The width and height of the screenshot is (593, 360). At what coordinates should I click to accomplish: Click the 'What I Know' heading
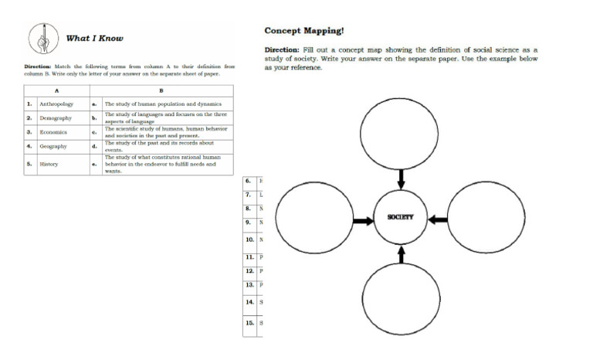pyautogui.click(x=95, y=38)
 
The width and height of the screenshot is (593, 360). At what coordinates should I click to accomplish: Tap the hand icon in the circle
pyautogui.click(x=44, y=36)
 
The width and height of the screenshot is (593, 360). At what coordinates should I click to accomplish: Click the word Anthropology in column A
pyautogui.click(x=56, y=104)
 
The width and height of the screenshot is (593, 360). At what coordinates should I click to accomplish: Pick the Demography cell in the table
pyautogui.click(x=56, y=118)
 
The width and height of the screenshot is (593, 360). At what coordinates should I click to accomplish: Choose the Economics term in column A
pyautogui.click(x=54, y=132)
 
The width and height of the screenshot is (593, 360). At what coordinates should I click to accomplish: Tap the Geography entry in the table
pyautogui.click(x=53, y=146)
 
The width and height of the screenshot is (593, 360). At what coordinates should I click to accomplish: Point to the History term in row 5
pyautogui.click(x=49, y=164)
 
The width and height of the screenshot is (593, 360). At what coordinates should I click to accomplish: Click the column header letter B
pyautogui.click(x=160, y=91)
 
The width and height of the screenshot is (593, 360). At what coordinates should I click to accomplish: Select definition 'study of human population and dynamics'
pyautogui.click(x=163, y=104)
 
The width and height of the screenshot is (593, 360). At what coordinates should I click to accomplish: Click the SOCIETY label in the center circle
pyautogui.click(x=401, y=217)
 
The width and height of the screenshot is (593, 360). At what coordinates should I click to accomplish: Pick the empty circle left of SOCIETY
pyautogui.click(x=313, y=220)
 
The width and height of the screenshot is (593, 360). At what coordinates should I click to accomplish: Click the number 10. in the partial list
pyautogui.click(x=249, y=240)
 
